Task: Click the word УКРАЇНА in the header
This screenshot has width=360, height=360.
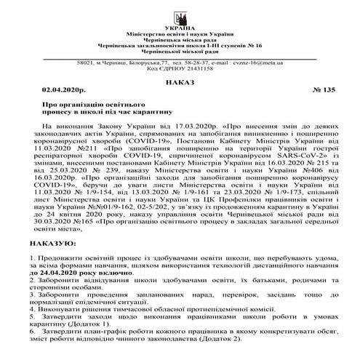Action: coord(180,28)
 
